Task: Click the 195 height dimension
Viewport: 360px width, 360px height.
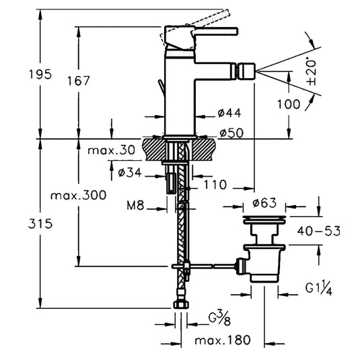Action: click(40, 75)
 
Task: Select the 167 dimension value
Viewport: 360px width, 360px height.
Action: click(78, 81)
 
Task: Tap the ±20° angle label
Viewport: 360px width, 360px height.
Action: click(312, 73)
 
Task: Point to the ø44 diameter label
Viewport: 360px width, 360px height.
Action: click(229, 113)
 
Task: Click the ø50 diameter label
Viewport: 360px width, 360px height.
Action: click(231, 133)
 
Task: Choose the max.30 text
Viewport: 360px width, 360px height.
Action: click(111, 150)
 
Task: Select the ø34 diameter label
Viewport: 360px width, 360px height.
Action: click(130, 172)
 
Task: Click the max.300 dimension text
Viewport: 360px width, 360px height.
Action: click(79, 196)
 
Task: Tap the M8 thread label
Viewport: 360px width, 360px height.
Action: click(135, 205)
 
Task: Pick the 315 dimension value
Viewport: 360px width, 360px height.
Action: click(40, 223)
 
